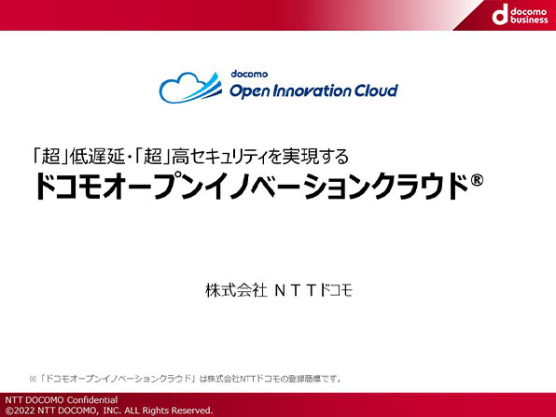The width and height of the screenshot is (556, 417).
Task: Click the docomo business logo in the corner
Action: [520, 15]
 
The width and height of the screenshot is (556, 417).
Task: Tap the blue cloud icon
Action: [190, 88]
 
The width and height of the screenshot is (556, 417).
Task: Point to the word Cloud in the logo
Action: [376, 90]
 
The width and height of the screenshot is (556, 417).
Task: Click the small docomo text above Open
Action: [249, 74]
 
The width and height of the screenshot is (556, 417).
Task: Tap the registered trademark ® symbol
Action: [477, 180]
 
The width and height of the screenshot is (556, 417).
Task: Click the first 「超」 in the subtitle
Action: [50, 157]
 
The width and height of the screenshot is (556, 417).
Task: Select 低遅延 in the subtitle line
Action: [97, 157]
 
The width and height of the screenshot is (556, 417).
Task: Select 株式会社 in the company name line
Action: [236, 290]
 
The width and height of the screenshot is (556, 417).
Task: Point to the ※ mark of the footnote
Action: [33, 379]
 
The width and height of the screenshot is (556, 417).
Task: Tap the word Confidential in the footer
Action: [91, 400]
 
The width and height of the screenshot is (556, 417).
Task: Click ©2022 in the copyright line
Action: [21, 410]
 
